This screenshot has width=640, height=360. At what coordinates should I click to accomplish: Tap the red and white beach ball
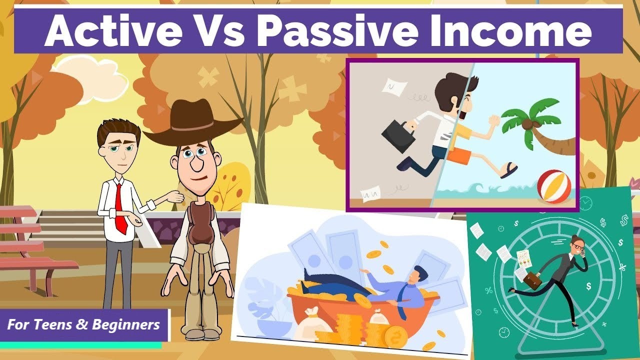click(x=553, y=185)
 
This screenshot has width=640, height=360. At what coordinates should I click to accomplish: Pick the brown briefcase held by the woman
click(x=532, y=280)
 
